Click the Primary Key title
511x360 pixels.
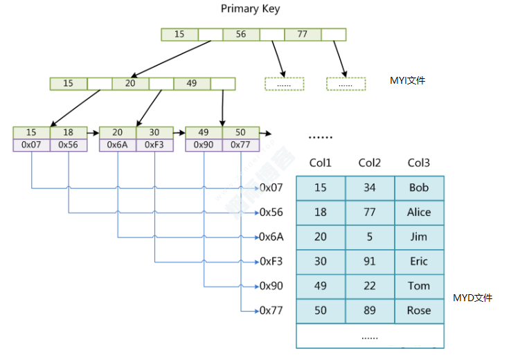coord(250,9)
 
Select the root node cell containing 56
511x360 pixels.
coord(240,34)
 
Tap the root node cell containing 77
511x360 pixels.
coord(301,34)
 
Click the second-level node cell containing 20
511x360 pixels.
coord(130,84)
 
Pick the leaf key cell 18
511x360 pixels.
coord(68,132)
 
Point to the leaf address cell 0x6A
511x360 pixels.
coord(117,145)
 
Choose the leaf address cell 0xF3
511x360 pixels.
coord(154,145)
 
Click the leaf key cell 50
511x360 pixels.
coord(240,132)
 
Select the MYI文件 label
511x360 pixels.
coord(408,80)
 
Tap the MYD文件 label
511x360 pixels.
coord(472,298)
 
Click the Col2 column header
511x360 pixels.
coord(370,163)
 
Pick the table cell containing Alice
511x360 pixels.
coord(419,213)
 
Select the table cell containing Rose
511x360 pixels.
coord(419,311)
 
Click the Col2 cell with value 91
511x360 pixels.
coord(370,262)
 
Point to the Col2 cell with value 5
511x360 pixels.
coord(370,237)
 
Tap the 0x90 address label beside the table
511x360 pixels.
coord(271,286)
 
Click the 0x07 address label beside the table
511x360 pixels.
coord(271,188)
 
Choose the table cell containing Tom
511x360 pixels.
coord(419,286)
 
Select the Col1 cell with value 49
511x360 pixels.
coord(321,286)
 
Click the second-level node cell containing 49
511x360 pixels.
coord(192,84)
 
